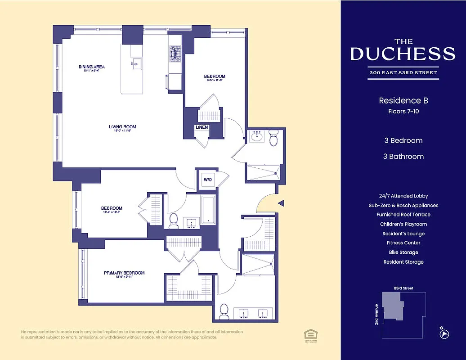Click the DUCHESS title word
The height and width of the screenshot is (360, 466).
tap(403, 54)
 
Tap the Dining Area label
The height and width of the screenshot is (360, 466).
tap(91, 67)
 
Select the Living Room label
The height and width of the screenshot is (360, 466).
tap(122, 127)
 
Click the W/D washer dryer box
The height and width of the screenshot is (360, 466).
tap(208, 180)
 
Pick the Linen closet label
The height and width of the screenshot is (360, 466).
tap(202, 128)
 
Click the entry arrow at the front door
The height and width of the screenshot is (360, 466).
tap(281, 203)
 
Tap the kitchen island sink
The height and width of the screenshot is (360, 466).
tap(136, 63)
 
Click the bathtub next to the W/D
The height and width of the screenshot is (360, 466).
tap(208, 210)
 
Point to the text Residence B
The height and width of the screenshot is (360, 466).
tap(403, 101)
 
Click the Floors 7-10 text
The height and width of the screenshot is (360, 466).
tap(403, 111)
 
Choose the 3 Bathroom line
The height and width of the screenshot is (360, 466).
tap(403, 157)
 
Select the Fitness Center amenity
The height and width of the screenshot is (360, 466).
tap(403, 243)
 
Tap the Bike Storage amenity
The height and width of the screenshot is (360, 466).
tap(403, 252)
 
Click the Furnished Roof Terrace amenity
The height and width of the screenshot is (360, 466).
tap(403, 215)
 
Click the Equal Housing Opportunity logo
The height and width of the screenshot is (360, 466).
tap(309, 334)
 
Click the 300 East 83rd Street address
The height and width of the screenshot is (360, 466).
tap(403, 73)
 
